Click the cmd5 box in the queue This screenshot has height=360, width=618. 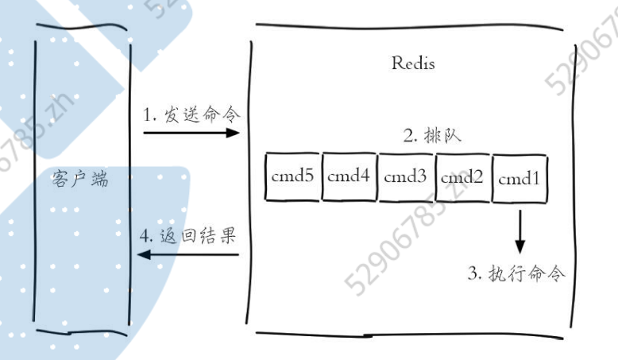click(292, 177)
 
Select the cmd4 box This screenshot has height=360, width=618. click(349, 177)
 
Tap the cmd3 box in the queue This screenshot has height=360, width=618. click(405, 177)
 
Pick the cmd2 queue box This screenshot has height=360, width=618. click(462, 177)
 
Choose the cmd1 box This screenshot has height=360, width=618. click(520, 177)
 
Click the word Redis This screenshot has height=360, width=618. click(413, 64)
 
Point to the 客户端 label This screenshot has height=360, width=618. click(77, 180)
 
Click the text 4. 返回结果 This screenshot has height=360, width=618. click(188, 236)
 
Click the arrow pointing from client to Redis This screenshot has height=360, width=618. click(191, 133)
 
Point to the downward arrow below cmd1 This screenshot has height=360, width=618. click(520, 231)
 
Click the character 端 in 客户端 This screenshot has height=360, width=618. click(98, 180)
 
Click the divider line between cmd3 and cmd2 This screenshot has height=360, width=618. click(435, 177)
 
